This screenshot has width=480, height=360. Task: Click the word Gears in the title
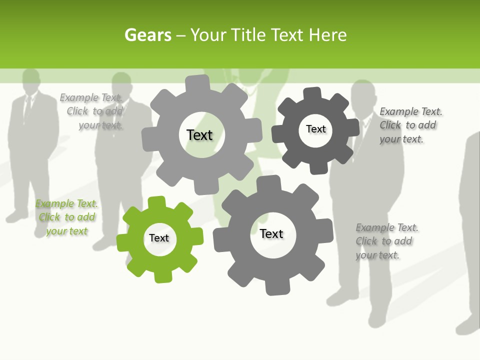point(147,35)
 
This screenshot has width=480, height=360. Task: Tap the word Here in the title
point(327,35)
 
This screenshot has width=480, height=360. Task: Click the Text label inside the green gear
point(159,238)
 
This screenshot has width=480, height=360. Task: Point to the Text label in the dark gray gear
point(315,129)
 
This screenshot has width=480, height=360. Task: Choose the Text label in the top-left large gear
point(199,135)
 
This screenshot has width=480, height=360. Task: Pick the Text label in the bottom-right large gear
point(271,233)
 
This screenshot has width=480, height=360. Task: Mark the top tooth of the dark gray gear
point(312,93)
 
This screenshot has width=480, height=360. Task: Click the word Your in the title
point(209,35)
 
